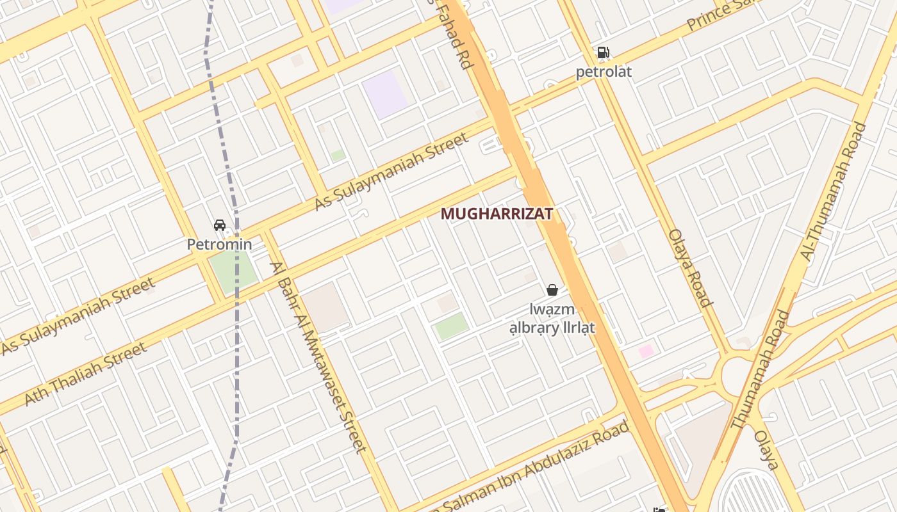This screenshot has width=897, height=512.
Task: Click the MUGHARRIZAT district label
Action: click(497, 214)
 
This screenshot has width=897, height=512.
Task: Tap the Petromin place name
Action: click(219, 244)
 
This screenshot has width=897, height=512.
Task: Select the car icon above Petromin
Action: click(220, 225)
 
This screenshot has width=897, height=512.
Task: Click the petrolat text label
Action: click(603, 72)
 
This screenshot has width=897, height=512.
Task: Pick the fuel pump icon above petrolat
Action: click(603, 52)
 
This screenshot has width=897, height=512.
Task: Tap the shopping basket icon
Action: click(552, 290)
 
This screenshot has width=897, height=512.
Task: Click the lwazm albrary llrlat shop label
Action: click(552, 319)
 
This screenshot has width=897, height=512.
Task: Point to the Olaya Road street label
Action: click(690, 268)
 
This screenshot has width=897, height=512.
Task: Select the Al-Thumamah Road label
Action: click(833, 191)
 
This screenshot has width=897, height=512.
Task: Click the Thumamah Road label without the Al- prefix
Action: click(760, 369)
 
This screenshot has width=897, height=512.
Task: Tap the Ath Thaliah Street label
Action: click(85, 374)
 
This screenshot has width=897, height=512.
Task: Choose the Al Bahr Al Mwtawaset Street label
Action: click(318, 356)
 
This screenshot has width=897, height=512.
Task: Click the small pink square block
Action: click(646, 351)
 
